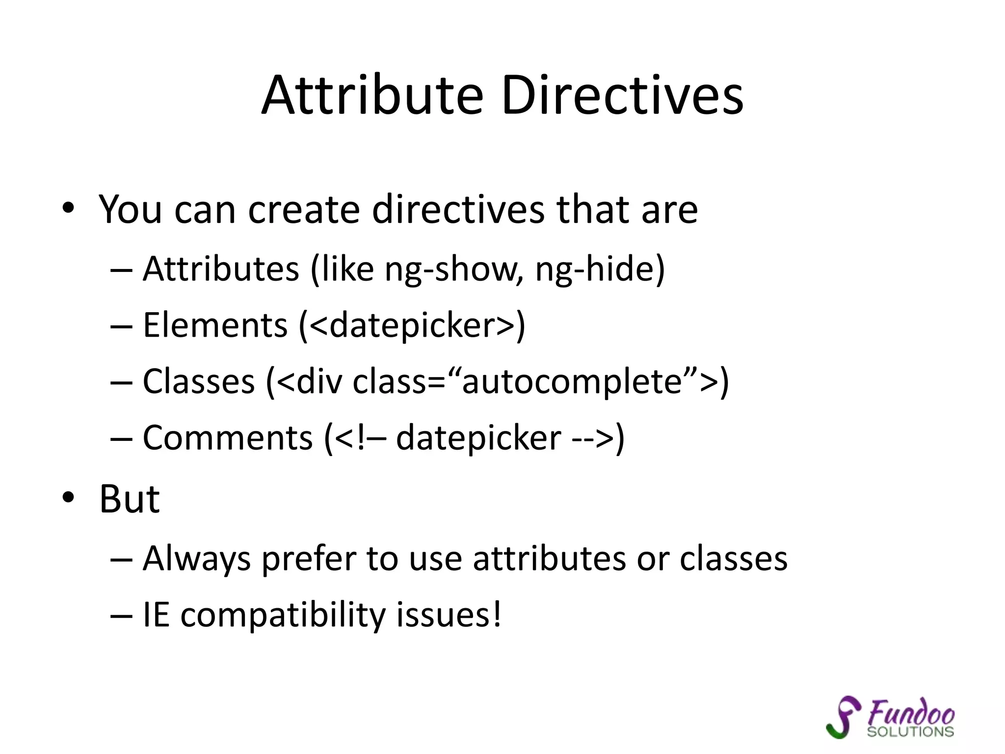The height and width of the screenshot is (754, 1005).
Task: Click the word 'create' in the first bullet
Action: click(x=304, y=210)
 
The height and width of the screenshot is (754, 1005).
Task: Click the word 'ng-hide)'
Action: click(x=600, y=269)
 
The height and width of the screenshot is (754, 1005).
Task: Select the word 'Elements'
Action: click(x=215, y=325)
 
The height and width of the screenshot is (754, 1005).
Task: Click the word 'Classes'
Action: click(x=199, y=381)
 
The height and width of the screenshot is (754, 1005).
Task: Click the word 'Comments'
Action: click(x=228, y=438)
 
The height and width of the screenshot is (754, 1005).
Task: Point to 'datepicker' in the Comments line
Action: click(x=478, y=438)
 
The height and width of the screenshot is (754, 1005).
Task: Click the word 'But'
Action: click(x=130, y=499)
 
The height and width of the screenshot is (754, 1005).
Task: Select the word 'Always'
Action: click(x=196, y=559)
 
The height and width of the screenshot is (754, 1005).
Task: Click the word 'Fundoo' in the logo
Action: click(x=911, y=713)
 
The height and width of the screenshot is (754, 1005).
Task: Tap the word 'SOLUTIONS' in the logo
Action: click(x=910, y=732)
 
